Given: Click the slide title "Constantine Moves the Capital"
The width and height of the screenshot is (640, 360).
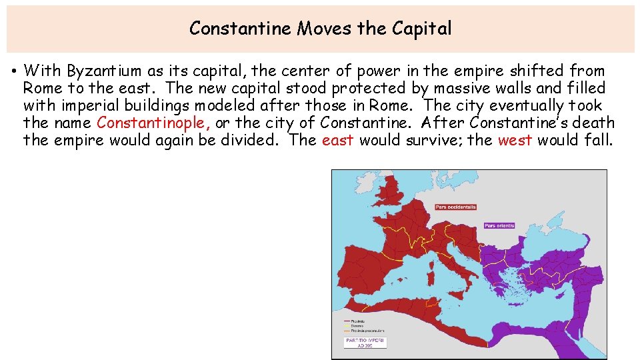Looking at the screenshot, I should pos(320,29).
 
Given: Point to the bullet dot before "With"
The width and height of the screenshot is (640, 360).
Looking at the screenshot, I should pos(14,71).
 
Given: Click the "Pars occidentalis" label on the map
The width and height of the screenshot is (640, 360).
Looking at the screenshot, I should pos(455,207).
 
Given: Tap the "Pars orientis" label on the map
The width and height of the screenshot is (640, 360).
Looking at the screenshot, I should pos(499,225).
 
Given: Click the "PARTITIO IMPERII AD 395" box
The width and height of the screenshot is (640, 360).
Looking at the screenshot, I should pos(365,342).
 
